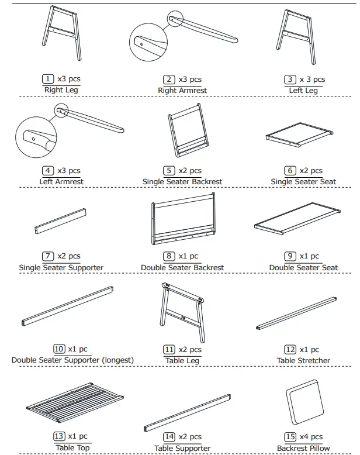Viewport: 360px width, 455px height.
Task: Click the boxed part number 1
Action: [x=47, y=80]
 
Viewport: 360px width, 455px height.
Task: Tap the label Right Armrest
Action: [x=182, y=91]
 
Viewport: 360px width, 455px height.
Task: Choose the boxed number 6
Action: [x=290, y=171]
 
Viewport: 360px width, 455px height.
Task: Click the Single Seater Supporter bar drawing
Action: [x=61, y=220]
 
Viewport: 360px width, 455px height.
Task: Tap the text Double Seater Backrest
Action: [x=182, y=268]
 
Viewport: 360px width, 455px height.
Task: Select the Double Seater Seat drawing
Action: [x=298, y=220]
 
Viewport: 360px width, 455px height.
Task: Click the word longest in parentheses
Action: [x=116, y=360]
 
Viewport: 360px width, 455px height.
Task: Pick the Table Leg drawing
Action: [x=182, y=308]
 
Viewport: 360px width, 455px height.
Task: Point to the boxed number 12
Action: [x=290, y=349]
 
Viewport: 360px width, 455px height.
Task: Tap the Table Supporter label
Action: [x=182, y=449]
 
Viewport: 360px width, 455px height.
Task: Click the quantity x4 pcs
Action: [x=311, y=436]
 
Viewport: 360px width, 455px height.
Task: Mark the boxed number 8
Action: [x=169, y=256]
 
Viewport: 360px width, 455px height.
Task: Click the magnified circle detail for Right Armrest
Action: [x=146, y=42]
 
